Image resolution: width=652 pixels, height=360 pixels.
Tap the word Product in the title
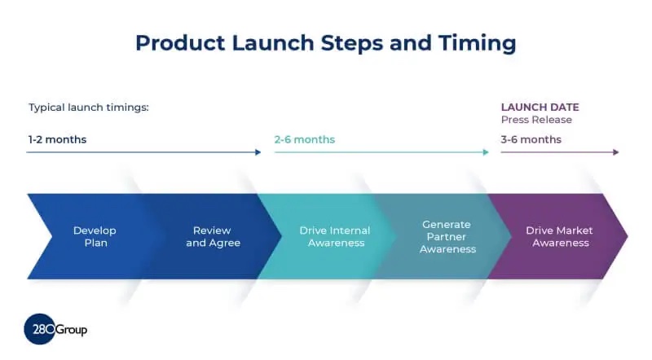point(177,42)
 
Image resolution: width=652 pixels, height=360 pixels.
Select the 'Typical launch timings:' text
point(89,108)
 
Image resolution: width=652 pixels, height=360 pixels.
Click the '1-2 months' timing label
point(57,139)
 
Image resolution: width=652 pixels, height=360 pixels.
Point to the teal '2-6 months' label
point(304,139)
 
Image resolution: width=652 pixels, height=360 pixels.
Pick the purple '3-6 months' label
point(531,139)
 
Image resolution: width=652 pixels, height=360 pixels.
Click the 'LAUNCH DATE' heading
point(540,107)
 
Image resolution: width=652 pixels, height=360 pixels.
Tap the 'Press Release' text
point(536,120)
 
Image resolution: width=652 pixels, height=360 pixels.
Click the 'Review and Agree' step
point(213,236)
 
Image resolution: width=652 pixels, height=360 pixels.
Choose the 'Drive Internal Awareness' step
point(334,236)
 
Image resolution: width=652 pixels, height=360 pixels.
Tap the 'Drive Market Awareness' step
point(558,236)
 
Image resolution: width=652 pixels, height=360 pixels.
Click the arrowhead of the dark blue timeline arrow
point(258,152)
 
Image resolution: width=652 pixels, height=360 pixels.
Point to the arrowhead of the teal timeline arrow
point(487,152)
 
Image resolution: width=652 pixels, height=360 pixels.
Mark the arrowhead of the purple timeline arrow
point(616,152)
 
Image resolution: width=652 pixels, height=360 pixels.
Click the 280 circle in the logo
point(40,329)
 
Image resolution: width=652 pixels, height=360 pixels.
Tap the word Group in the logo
point(72,330)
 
